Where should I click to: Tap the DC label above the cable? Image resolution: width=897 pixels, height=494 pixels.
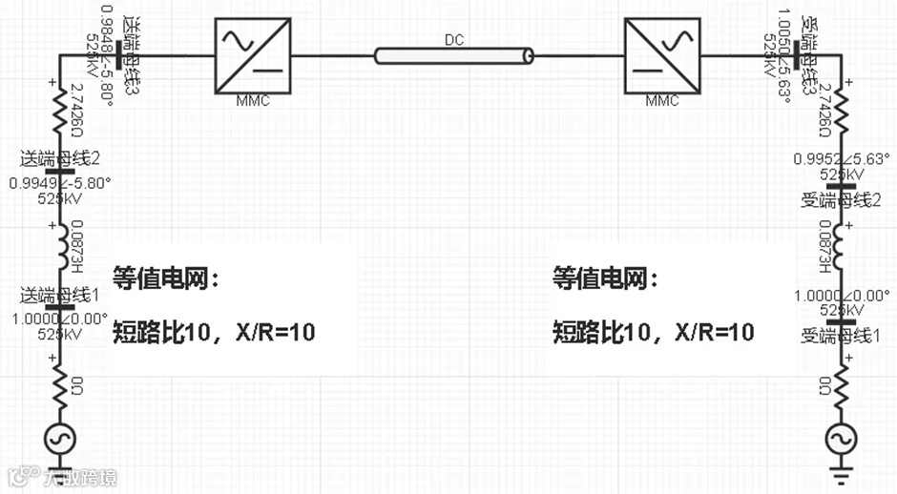tap(455, 40)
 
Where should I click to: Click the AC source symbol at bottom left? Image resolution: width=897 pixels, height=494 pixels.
tap(60, 440)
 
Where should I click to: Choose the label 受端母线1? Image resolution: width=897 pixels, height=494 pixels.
tap(846, 335)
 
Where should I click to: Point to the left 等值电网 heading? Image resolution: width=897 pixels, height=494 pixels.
tap(165, 278)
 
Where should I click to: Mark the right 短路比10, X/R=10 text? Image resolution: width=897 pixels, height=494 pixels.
tap(654, 332)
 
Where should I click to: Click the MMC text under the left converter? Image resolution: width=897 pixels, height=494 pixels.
tap(251, 100)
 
